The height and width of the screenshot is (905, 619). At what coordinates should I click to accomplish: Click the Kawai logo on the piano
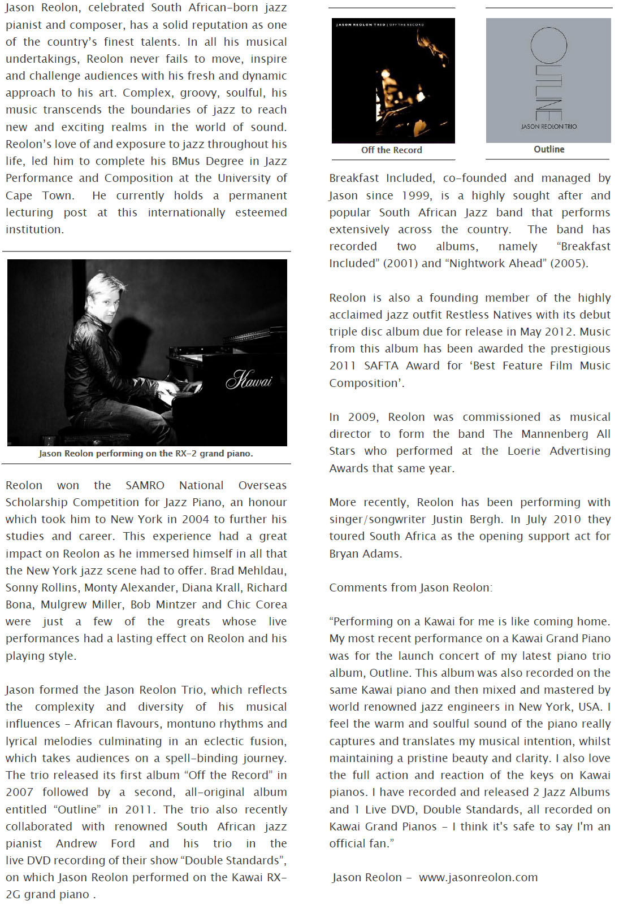(x=249, y=379)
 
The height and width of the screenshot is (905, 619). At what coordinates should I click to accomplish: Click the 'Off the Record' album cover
(x=393, y=81)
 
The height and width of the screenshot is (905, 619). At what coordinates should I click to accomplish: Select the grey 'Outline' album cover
(x=548, y=80)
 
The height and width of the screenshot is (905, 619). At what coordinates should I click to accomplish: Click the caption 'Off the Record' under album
(x=391, y=150)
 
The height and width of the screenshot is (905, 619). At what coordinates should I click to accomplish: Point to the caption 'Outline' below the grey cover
(x=549, y=149)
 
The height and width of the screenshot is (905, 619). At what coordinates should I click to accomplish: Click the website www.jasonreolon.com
(x=478, y=877)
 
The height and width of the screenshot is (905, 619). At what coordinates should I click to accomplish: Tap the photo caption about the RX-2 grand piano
(x=146, y=454)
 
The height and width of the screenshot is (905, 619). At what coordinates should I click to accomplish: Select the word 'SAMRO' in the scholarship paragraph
(x=145, y=485)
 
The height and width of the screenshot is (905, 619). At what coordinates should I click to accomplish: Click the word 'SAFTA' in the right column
(x=381, y=366)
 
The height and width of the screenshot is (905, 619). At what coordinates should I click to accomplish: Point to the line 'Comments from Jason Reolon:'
(x=410, y=588)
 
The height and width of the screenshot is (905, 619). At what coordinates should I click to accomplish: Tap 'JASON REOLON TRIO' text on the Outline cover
(x=548, y=127)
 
